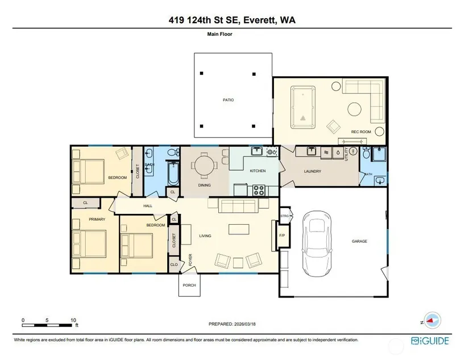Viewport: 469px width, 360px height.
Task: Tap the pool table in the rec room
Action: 303,107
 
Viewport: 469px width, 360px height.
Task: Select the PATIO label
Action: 228,100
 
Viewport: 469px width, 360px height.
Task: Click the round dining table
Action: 205,167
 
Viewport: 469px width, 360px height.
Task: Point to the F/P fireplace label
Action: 282,235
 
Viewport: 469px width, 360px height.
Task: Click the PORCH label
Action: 189,285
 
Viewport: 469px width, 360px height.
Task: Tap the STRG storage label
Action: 285,216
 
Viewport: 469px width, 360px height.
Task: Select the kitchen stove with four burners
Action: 259,191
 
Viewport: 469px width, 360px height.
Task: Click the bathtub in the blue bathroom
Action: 173,174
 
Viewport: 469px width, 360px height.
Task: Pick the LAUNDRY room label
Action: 313,171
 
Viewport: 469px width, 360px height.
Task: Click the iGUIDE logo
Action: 430,341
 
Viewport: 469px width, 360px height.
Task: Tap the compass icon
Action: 432,321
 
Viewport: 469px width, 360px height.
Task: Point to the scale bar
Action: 47,325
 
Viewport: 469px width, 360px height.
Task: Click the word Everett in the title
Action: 259,20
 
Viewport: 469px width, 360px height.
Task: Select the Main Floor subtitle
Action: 220,34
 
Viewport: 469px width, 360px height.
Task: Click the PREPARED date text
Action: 232,324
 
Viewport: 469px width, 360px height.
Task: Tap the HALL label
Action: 148,206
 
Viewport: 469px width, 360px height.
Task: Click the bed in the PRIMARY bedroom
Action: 89,243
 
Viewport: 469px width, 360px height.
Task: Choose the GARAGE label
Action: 359,241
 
